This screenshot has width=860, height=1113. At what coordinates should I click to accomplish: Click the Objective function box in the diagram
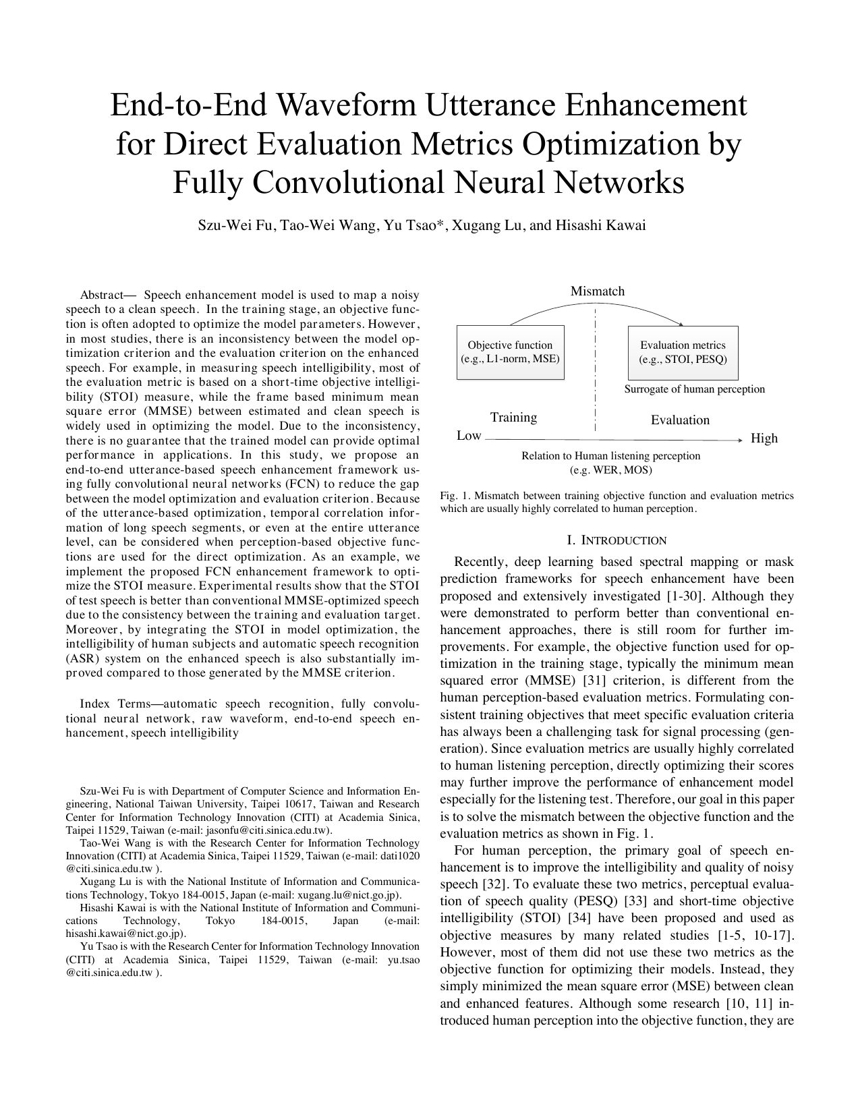point(510,352)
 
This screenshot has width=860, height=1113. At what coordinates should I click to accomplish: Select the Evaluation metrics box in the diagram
point(683,352)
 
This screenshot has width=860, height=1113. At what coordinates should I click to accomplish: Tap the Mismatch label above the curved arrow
point(597,291)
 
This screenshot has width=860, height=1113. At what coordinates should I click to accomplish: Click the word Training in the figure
point(513,418)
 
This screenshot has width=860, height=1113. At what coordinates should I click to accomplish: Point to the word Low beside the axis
point(469,436)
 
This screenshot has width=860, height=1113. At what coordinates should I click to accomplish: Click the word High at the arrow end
point(764,438)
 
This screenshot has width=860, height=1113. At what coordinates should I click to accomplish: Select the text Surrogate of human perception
point(694,389)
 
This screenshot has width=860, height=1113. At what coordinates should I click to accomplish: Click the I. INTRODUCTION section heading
point(617,540)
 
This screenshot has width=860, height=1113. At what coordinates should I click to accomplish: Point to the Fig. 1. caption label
point(456,496)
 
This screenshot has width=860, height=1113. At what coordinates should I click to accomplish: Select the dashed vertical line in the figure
point(596,371)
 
